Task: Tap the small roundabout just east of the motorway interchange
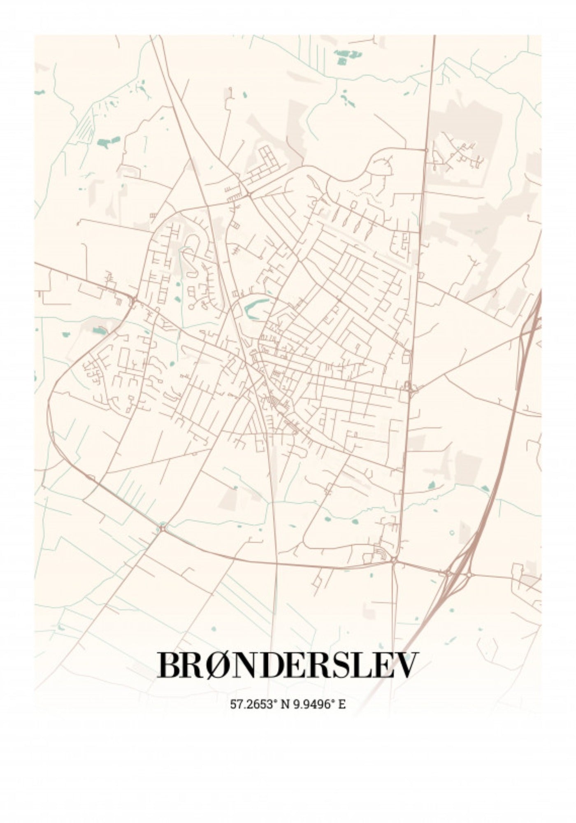pyautogui.click(x=469, y=574)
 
